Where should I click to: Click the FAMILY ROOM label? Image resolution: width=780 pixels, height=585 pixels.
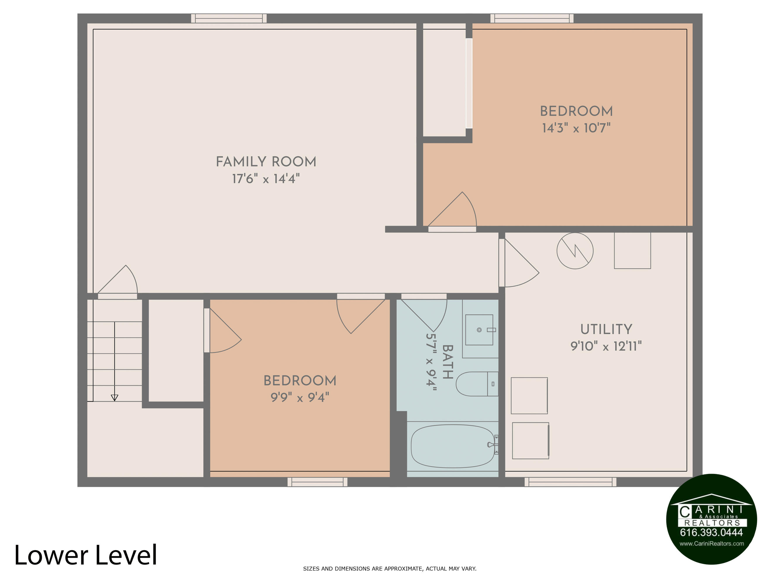266,162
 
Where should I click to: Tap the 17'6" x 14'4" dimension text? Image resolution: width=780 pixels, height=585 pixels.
266,179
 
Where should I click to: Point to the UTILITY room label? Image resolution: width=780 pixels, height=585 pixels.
606,329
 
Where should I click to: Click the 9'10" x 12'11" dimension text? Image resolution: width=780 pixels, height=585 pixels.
606,346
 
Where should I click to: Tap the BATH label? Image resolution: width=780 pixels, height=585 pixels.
447,362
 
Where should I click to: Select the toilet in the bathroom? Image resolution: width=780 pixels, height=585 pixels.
477,384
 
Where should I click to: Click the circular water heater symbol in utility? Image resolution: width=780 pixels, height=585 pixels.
575,251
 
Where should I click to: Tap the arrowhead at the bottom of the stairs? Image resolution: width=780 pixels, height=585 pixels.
115,398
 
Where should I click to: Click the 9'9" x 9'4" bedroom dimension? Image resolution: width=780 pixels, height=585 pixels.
300,398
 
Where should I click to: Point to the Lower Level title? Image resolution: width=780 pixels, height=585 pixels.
86,555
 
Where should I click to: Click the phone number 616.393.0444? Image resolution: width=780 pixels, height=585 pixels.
711,532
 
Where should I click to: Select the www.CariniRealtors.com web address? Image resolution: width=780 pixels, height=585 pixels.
712,543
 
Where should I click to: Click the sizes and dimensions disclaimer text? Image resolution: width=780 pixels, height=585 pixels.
390,568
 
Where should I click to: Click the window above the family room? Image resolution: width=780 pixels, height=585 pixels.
229,18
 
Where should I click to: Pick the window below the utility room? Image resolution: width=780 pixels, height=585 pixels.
570,482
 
